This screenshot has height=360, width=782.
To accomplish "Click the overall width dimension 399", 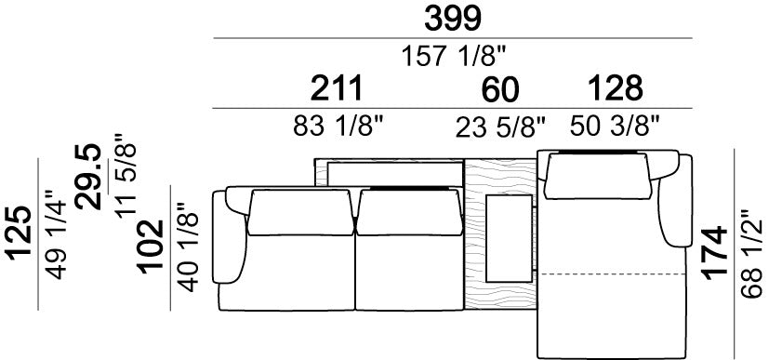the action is tap(453, 19).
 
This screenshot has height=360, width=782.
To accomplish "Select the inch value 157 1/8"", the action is tap(454, 55).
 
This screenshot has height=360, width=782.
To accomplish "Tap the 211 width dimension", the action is tap(337, 88).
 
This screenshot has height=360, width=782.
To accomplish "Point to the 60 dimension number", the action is tap(500, 89).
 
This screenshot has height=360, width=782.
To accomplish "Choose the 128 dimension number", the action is tap(616, 88).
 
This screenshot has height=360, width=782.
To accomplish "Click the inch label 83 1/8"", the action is tap(341, 126).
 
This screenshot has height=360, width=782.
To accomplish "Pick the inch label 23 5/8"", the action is tap(500, 127).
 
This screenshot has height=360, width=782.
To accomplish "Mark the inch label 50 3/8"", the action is tap(615, 126).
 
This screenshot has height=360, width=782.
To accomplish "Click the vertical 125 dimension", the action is tap(19, 233).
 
